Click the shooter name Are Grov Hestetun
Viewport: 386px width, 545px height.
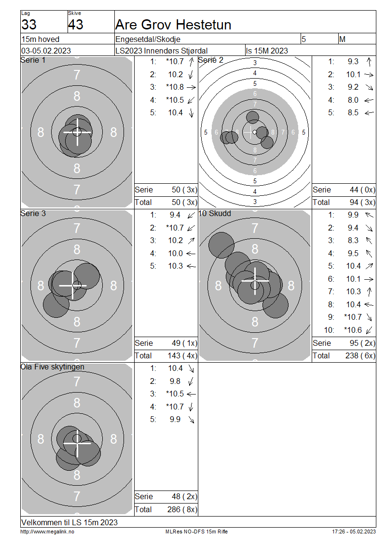point(173,25)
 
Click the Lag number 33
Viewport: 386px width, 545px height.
point(29,25)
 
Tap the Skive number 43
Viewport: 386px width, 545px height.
point(75,25)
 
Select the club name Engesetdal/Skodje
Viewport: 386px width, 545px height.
point(148,39)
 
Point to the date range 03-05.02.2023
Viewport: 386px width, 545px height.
point(46,51)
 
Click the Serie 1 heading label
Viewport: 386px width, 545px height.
point(33,60)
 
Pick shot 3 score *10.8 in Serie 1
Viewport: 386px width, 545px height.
point(175,87)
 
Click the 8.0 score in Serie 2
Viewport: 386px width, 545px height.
point(353,100)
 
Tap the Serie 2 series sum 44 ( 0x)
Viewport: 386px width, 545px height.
point(362,190)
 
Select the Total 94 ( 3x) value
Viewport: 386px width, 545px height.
point(362,202)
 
